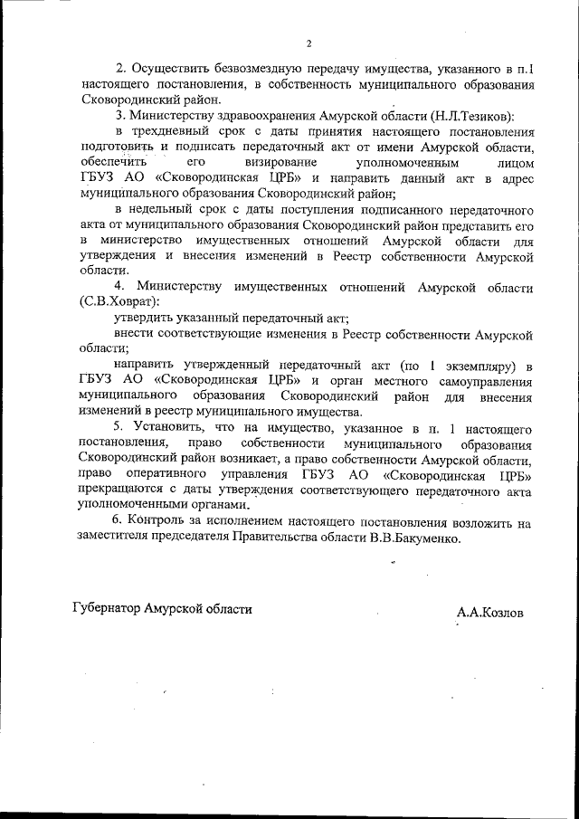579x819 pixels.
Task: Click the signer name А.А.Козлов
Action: [489, 611]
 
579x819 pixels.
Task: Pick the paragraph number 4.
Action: [118, 286]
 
